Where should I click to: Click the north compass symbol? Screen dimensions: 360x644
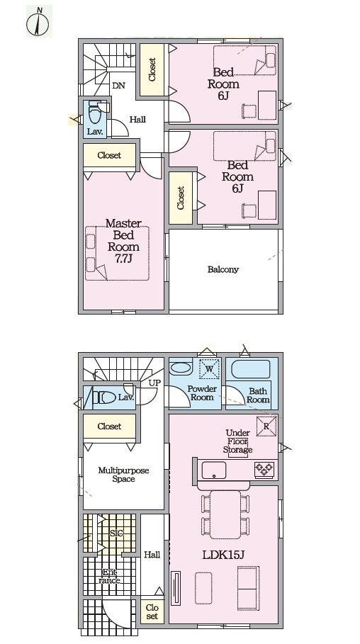click(x=38, y=22)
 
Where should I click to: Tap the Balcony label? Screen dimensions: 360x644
click(x=223, y=270)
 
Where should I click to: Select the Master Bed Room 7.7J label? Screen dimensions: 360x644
click(x=123, y=241)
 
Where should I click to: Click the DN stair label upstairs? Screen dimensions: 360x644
click(x=118, y=86)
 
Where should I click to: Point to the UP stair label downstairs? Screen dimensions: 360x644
click(x=154, y=383)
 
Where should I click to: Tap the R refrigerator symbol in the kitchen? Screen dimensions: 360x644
click(x=266, y=426)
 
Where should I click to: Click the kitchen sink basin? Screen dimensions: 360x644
click(x=214, y=470)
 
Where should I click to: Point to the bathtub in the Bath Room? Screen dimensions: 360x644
click(x=251, y=369)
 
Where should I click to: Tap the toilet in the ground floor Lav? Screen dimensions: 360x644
click(x=104, y=397)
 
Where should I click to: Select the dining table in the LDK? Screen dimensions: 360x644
click(x=225, y=514)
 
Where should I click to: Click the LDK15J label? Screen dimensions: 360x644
click(x=223, y=555)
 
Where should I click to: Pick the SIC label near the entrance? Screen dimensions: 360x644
click(x=116, y=533)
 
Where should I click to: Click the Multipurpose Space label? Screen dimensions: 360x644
click(x=123, y=475)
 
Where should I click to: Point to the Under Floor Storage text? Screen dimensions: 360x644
click(x=238, y=441)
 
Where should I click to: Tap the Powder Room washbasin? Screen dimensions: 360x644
click(x=181, y=368)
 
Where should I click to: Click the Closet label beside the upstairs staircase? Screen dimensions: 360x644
click(x=152, y=69)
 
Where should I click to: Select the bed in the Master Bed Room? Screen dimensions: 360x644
click(x=117, y=253)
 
